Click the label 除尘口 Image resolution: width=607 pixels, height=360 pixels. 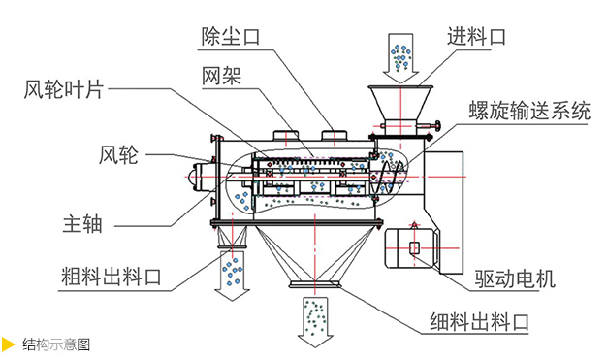tap(230, 36)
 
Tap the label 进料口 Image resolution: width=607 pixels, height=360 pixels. tap(476, 37)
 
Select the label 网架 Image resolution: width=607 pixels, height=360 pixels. tap(222, 75)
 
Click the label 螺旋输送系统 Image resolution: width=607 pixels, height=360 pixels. tap(529, 111)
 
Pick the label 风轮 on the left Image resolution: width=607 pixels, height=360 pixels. tap(119, 153)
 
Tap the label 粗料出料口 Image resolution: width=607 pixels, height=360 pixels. tap(100, 278)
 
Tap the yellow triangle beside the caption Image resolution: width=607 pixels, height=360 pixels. tap(9, 344)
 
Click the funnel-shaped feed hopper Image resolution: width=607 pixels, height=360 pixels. tap(399, 101)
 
